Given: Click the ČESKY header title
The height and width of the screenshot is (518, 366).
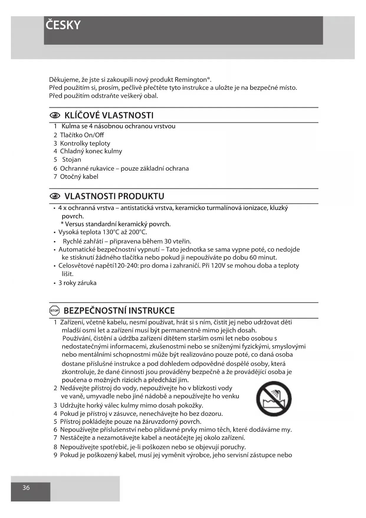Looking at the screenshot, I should coord(63,25).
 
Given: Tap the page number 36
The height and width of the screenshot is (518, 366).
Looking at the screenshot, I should coord(26,488).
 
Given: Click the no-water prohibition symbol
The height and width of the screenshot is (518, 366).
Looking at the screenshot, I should coord(274,398).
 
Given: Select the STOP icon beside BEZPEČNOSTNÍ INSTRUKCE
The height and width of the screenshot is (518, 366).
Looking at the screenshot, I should coord(55,311).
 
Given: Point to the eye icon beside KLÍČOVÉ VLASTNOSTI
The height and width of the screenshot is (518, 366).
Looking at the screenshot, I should coord(55,115).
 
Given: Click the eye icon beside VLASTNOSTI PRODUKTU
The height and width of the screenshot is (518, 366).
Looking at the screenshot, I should coord(55,196).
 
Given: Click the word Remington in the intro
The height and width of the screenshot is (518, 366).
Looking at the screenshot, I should coord(191,80).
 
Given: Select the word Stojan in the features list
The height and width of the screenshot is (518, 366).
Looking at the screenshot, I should coord(72,160).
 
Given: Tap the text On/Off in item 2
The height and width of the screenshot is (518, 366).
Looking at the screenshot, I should coord(94,135).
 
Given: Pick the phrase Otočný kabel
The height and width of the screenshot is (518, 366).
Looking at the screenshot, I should coord(79,177).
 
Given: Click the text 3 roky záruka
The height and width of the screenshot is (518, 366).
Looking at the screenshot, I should coord(77,283).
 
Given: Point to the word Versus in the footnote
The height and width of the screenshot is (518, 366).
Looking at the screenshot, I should coord(74,224).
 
